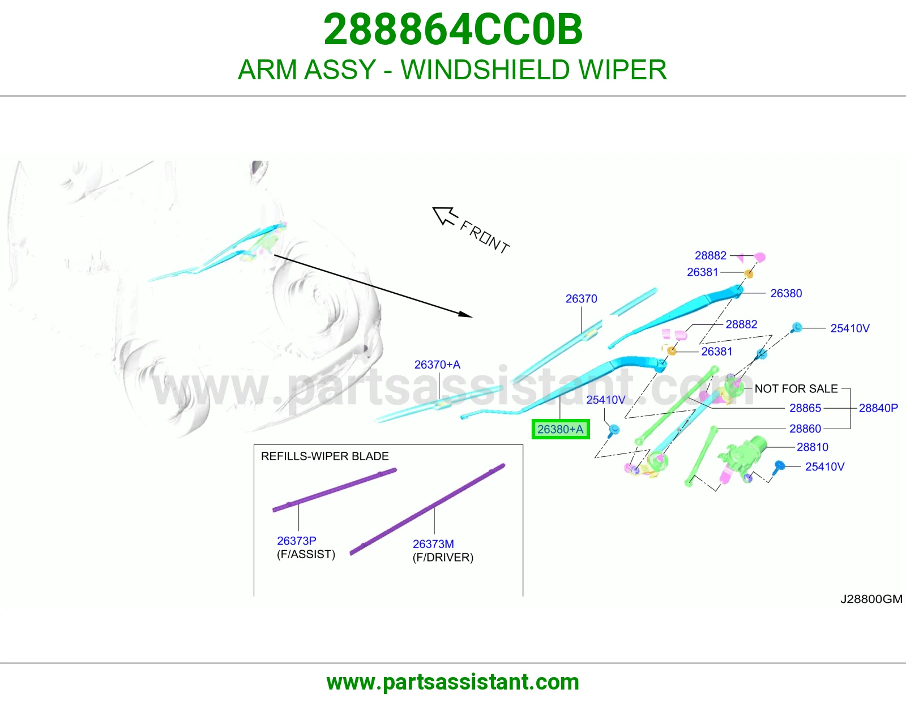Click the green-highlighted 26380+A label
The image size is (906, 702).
(561, 429)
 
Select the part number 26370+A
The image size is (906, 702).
(437, 365)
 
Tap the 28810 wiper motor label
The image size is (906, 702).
(812, 447)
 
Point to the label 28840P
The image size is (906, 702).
(878, 408)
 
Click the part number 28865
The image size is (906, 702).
(805, 408)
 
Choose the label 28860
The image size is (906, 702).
(805, 429)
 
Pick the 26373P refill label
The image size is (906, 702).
(297, 541)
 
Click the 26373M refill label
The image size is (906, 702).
(433, 544)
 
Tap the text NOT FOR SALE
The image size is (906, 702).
(796, 388)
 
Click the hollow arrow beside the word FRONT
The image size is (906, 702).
(445, 216)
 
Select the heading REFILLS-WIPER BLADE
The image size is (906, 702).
(325, 456)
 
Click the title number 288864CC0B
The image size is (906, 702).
(453, 29)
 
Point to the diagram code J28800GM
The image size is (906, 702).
(871, 599)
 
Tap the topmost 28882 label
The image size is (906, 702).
(711, 255)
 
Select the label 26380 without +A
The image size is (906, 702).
(786, 293)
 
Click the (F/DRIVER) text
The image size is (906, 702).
(443, 557)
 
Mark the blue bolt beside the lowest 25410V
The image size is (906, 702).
(779, 468)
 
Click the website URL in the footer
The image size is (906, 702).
(453, 682)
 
